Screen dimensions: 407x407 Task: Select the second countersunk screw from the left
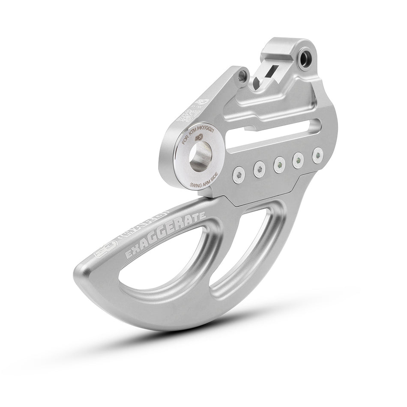point(258,170)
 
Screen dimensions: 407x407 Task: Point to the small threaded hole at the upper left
point(242,76)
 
